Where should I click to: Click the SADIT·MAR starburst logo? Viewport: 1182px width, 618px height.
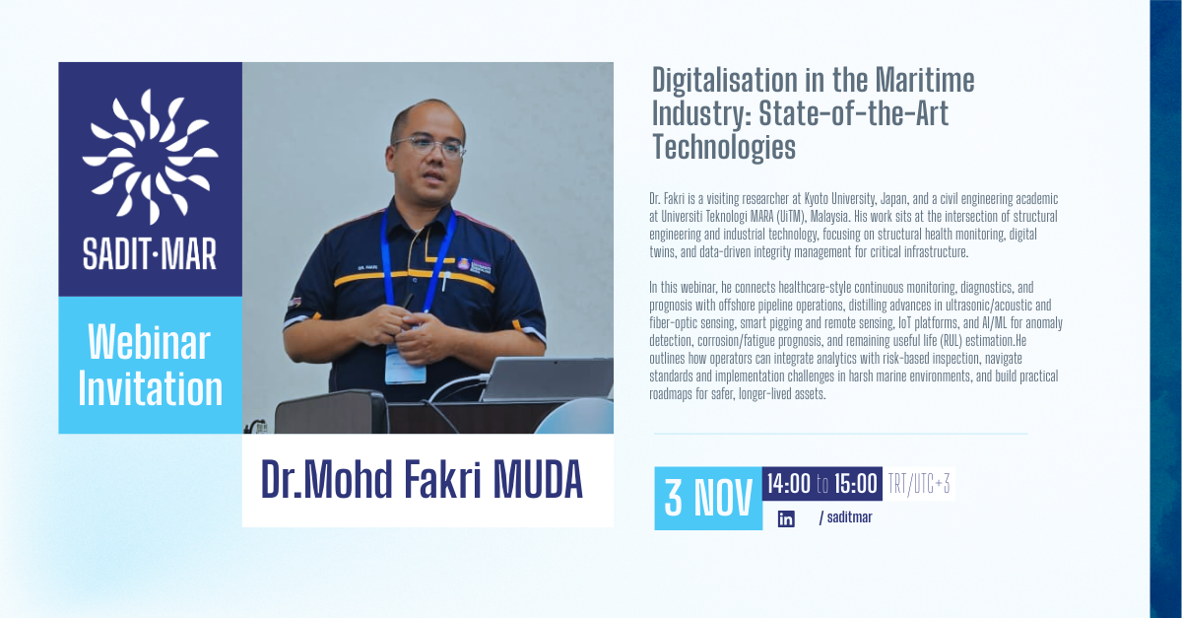point(150,156)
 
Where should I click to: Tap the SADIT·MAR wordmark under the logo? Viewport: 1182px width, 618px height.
point(150,256)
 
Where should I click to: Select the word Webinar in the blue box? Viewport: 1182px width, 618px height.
point(150,343)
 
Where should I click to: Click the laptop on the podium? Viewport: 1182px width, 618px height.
point(548,378)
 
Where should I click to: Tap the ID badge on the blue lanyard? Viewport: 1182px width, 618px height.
point(405,364)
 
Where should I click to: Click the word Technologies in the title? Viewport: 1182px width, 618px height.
point(723,147)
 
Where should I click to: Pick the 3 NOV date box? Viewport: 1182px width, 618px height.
point(708,498)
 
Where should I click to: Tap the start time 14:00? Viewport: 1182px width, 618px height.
point(788,484)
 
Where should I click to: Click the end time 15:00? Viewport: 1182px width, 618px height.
point(855,484)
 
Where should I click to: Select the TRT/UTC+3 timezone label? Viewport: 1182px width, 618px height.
point(919,484)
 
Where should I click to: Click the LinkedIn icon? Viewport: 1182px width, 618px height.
point(786,518)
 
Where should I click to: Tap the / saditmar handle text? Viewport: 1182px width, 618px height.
point(845,518)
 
